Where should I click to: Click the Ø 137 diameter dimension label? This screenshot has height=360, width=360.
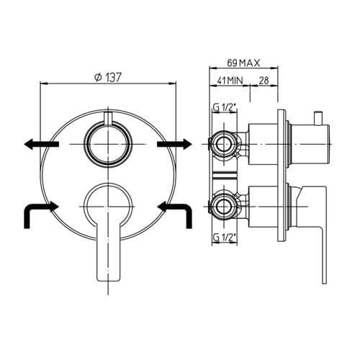(x=108, y=77)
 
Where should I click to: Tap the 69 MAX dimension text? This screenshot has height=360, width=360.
(x=243, y=63)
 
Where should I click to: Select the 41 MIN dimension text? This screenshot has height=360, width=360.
(x=230, y=80)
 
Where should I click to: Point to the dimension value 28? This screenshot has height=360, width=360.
(x=264, y=81)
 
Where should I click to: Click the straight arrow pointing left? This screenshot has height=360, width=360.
(x=41, y=144)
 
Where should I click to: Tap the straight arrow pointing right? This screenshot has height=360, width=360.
(x=174, y=144)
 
